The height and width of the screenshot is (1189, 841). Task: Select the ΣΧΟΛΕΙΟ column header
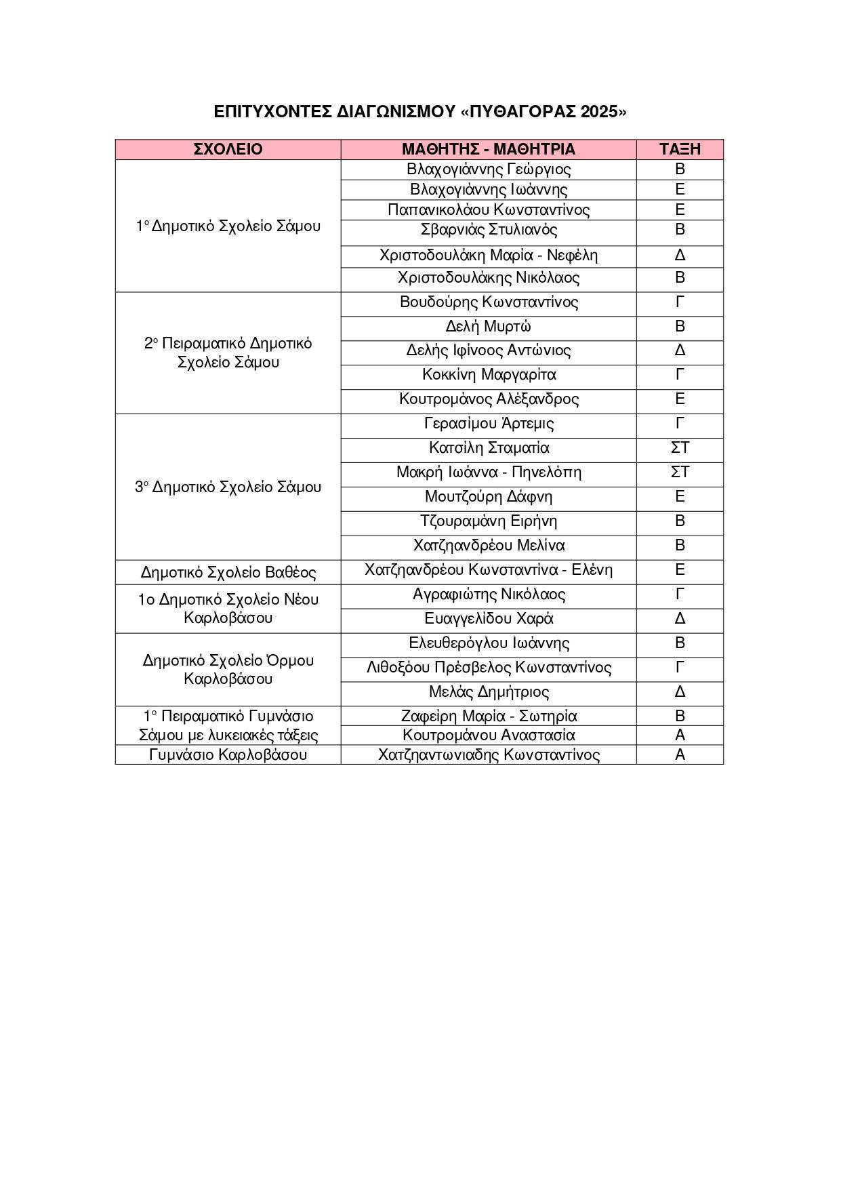[228, 149]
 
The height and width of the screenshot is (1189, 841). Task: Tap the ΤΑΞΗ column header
[680, 149]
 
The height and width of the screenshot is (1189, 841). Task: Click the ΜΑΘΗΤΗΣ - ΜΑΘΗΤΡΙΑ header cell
[488, 149]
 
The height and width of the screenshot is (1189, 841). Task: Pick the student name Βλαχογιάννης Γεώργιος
[488, 169]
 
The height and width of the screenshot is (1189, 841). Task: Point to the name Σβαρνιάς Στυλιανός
[488, 230]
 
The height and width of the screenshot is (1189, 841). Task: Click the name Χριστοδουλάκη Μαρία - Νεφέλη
[488, 256]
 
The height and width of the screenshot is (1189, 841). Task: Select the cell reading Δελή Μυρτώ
[488, 327]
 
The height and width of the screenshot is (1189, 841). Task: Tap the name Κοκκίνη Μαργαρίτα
[488, 375]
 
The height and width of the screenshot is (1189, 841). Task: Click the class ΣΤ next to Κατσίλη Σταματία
[680, 448]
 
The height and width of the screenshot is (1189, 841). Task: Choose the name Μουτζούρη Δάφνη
[488, 497]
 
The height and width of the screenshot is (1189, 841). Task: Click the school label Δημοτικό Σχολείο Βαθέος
[228, 572]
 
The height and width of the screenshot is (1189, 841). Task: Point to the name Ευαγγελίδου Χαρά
[488, 619]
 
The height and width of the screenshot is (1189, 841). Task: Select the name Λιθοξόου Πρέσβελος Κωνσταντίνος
[488, 668]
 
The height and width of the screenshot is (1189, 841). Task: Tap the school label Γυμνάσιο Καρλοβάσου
[228, 754]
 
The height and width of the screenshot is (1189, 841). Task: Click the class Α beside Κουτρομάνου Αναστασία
[680, 735]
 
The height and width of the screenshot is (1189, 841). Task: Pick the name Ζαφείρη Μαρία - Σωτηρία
[488, 716]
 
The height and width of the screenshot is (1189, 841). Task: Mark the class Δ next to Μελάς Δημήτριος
[680, 692]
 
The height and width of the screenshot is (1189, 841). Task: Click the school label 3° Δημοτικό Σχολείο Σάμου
[228, 487]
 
